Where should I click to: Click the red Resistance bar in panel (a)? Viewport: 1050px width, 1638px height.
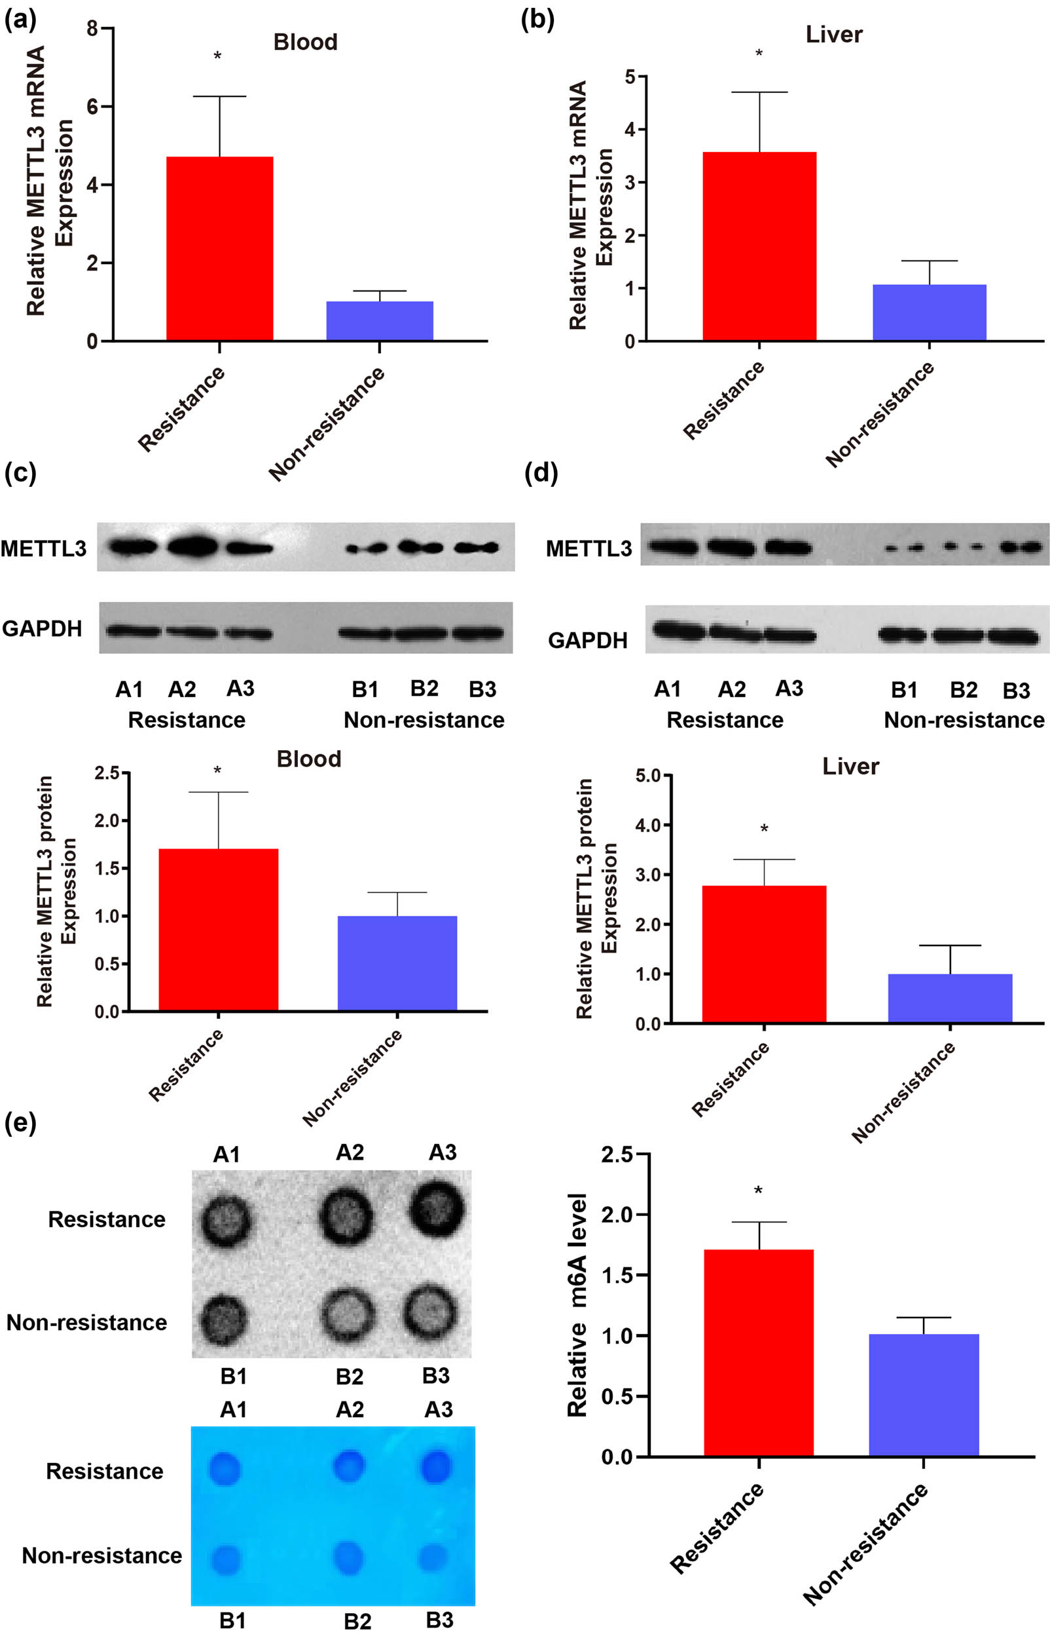(219, 249)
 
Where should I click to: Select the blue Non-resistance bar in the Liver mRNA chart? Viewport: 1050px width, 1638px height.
(930, 313)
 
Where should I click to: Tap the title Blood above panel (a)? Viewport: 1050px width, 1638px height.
(306, 43)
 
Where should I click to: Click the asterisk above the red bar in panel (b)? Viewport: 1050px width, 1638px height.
(759, 54)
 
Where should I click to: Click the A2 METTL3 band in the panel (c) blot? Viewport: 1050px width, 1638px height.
(193, 546)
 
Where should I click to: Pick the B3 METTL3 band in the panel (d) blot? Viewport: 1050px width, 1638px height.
(1021, 547)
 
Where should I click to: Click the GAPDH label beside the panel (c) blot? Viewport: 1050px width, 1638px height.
(43, 628)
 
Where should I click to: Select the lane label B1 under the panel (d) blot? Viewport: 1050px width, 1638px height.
(904, 690)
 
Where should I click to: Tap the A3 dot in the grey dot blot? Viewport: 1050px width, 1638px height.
(437, 1208)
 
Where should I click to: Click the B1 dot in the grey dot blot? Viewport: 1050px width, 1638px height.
(224, 1320)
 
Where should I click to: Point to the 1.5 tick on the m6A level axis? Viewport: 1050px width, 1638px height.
(617, 1275)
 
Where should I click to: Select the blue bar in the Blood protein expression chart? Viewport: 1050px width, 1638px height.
(397, 962)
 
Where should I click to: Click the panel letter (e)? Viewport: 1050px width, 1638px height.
(20, 1122)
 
